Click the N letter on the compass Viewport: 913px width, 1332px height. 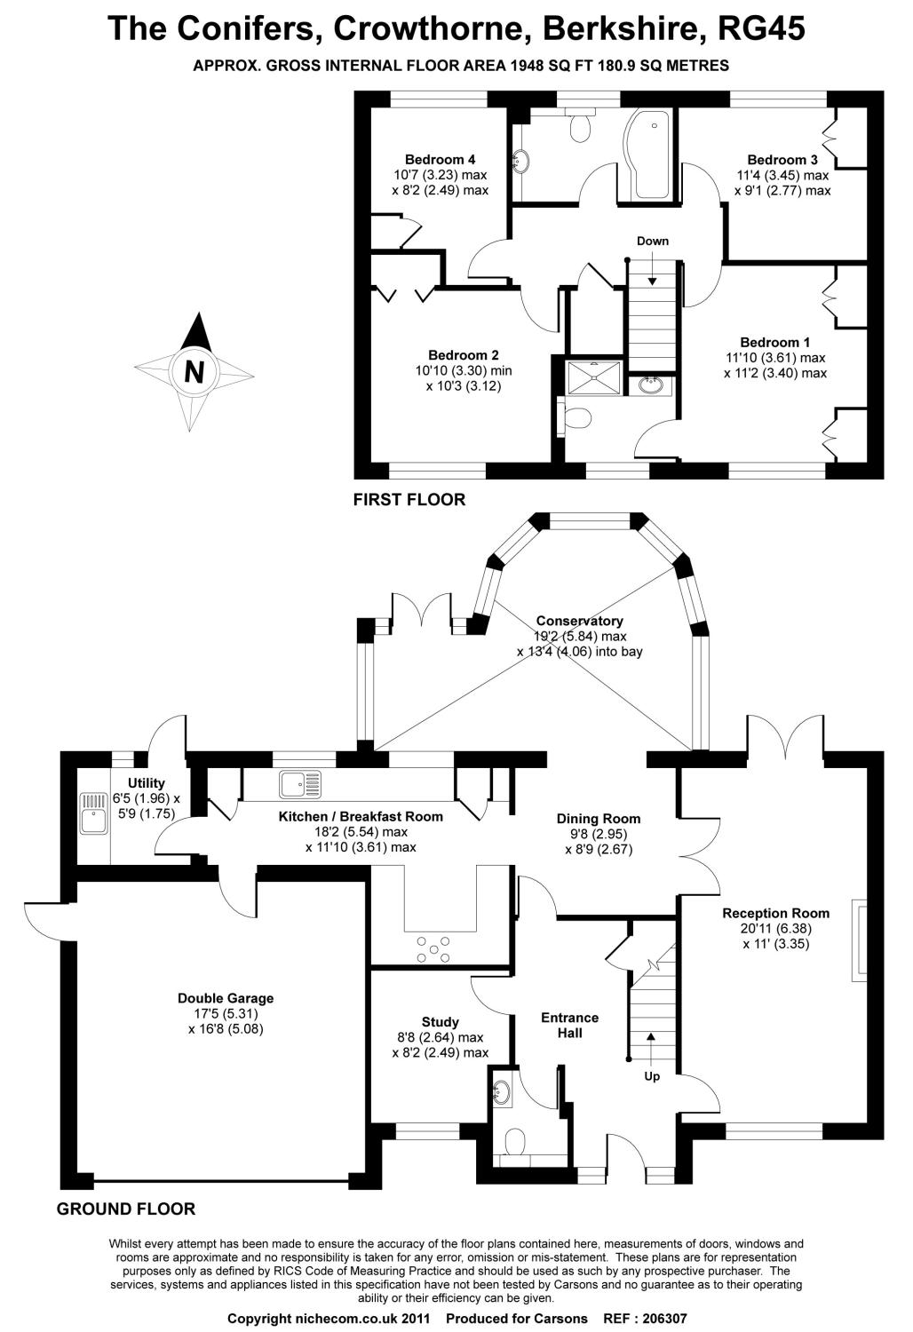194,372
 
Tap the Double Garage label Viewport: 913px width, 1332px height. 226,998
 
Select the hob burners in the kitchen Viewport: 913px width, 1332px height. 433,949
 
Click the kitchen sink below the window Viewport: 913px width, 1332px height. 300,784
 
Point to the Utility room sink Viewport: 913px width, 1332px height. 94,814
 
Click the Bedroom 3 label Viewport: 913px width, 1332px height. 782,159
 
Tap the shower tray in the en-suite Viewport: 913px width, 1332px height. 594,377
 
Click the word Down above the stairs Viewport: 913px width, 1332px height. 653,241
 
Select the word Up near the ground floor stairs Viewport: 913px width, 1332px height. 652,1076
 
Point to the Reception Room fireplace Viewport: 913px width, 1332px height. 859,940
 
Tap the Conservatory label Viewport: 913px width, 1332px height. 579,621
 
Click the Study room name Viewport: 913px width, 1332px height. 441,1021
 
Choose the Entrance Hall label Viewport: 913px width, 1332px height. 570,1025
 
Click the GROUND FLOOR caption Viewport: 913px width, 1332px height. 126,1209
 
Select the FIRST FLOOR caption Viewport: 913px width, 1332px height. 409,499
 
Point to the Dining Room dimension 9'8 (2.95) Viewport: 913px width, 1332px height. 599,834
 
